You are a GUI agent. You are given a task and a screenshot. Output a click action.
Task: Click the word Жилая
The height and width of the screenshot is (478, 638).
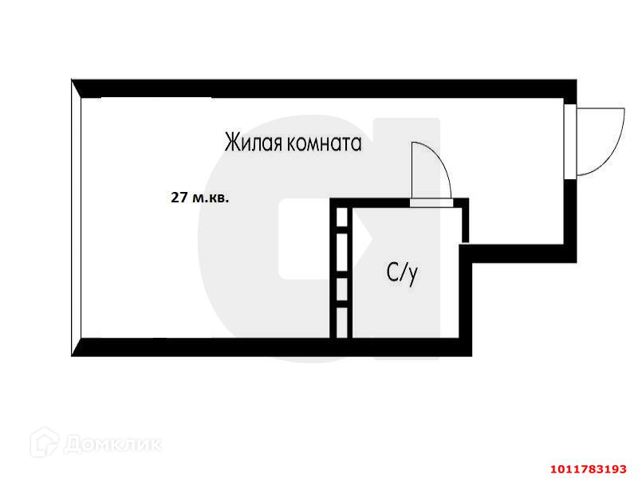pos(250,143)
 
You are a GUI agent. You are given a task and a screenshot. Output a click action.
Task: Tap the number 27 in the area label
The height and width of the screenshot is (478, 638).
pos(179,198)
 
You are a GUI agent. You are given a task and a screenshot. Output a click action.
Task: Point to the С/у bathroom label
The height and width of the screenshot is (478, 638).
pos(402,273)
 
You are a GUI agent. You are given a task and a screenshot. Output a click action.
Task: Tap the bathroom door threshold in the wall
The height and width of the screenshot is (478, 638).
pos(431,202)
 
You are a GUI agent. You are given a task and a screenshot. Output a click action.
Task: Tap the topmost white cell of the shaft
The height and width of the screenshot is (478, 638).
pos(341,217)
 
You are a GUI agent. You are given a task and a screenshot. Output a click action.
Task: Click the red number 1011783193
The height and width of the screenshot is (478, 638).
pos(588,467)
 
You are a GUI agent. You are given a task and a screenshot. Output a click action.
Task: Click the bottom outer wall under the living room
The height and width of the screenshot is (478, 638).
pos(199,347)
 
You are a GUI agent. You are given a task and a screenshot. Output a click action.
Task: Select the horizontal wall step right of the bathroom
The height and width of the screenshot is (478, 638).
pos(518,253)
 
